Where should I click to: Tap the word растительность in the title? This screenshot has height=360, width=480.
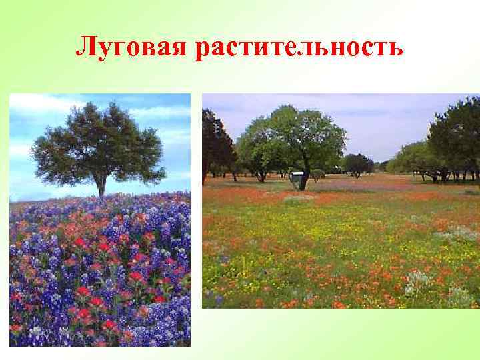coord(299,47)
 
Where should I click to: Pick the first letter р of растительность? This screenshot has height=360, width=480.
coord(202,51)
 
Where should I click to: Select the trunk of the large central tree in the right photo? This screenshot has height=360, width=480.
coord(305,179)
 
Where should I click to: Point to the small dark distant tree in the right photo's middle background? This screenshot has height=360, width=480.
coord(357,163)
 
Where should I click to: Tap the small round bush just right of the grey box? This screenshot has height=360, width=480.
coord(318,175)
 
